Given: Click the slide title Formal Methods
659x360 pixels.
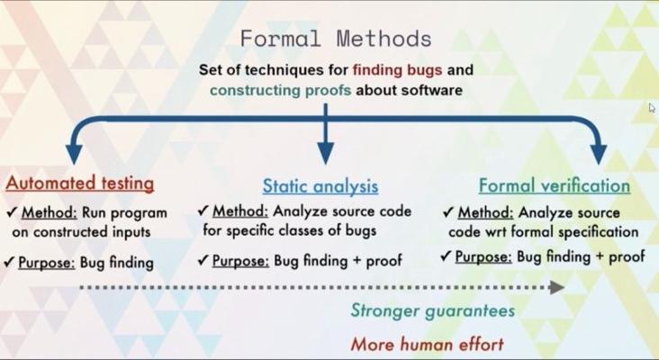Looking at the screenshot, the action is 336,39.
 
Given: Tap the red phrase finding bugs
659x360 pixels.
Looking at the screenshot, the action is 397,69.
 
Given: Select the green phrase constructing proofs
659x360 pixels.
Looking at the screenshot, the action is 280,90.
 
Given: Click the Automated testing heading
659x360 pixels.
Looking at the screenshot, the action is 80,184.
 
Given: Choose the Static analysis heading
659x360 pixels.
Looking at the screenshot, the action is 320,186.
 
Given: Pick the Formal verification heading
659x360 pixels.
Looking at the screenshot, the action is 555,185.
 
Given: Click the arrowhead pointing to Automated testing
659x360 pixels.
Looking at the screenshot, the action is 74,154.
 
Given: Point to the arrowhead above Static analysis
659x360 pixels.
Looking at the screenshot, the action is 325,153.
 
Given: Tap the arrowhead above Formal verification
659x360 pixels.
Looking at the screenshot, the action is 599,154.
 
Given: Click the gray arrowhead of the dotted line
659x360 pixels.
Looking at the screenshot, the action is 557,287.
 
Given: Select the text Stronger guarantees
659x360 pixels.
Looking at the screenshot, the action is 433,310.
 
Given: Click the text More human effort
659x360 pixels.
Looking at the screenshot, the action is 428,345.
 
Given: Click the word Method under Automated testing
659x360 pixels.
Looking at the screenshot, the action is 50,212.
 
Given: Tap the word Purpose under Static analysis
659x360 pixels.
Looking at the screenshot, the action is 240,261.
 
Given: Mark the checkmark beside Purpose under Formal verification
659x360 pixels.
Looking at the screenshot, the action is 446,256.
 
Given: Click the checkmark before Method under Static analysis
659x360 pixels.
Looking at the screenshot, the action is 203,210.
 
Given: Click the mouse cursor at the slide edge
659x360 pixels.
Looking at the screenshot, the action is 652,107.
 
